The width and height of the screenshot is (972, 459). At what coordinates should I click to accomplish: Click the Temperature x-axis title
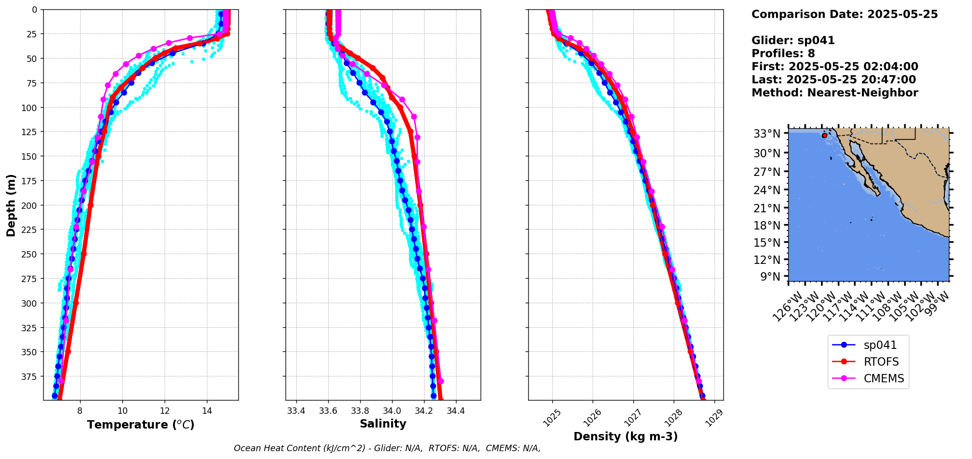(x=141, y=425)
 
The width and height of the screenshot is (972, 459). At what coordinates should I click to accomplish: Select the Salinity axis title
(x=383, y=424)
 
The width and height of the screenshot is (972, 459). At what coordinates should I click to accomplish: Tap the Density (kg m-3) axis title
(x=626, y=436)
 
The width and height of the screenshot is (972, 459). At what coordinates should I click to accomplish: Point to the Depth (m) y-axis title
(x=11, y=205)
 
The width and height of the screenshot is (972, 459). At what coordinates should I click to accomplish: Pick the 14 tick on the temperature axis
(x=207, y=410)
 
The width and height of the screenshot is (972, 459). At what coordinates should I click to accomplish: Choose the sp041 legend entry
(x=879, y=345)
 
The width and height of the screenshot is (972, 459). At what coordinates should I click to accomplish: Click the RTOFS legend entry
(x=881, y=362)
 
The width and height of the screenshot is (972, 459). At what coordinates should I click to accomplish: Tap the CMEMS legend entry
(x=884, y=378)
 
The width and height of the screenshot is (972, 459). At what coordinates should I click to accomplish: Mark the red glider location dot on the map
(x=824, y=135)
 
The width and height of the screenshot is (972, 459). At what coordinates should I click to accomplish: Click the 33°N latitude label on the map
(x=767, y=134)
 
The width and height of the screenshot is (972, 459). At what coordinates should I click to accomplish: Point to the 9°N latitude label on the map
(x=770, y=276)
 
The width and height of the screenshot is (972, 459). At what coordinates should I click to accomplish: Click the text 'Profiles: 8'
(x=783, y=54)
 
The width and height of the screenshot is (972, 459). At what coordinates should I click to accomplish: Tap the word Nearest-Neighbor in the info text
(x=862, y=93)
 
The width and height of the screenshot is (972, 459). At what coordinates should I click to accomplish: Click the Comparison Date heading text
(x=844, y=14)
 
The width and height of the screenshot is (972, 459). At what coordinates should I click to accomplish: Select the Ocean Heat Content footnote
(x=387, y=448)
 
